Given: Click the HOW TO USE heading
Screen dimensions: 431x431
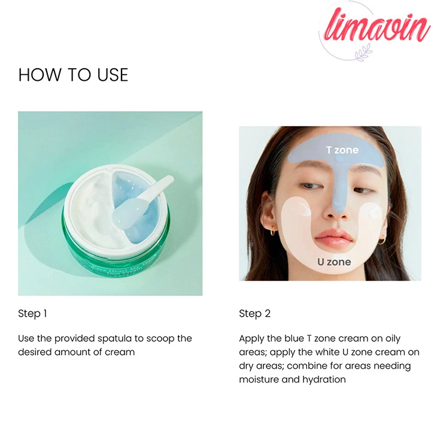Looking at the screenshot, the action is coord(73,75).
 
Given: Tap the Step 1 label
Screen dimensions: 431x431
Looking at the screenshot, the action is coord(32,314).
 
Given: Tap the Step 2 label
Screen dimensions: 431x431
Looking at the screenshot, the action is coord(254,314).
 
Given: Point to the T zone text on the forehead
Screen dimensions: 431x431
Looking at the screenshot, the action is coord(342,150).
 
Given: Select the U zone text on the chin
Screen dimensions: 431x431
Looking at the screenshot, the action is coord(334,262).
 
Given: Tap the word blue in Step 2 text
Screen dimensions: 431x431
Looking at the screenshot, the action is coord(295,338).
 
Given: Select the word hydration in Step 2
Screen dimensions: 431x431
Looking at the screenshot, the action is coord(324,380).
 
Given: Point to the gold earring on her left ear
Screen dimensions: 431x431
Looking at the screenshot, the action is coord(381,241).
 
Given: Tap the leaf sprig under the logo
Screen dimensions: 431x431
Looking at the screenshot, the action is coord(364,53).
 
